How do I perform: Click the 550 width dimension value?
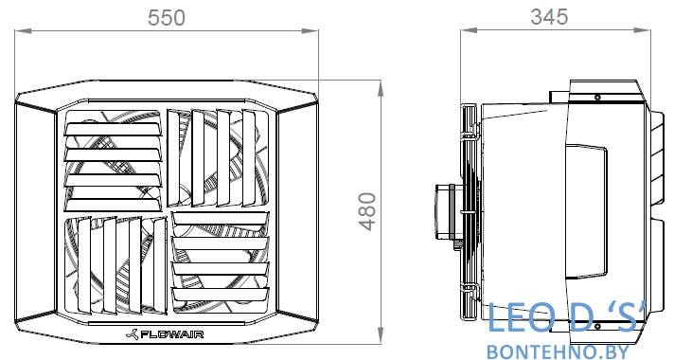point(167,18)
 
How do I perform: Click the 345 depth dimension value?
point(549,17)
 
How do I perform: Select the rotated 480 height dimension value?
point(367,211)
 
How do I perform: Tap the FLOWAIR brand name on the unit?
point(172,334)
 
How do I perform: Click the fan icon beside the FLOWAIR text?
point(133,334)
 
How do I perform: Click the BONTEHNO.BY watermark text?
point(558,351)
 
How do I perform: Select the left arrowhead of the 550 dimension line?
point(23,30)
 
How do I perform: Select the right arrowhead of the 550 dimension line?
point(310,30)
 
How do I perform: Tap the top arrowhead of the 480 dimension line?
point(381,89)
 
